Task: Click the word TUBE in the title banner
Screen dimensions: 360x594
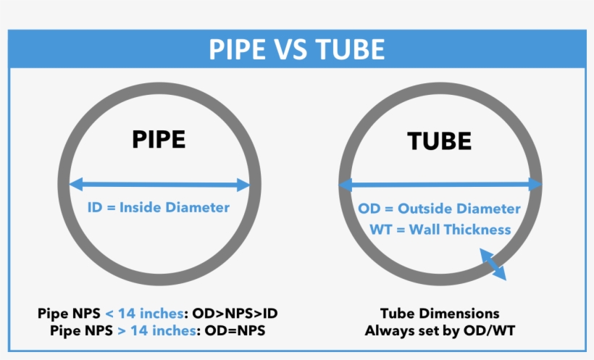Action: pyautogui.click(x=350, y=49)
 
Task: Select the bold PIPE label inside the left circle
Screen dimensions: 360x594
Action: pyautogui.click(x=159, y=139)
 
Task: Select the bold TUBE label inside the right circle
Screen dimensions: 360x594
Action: pyautogui.click(x=440, y=141)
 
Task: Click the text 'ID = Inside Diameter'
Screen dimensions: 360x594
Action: pyautogui.click(x=159, y=207)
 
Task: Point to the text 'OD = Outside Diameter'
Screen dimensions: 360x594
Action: pyautogui.click(x=440, y=209)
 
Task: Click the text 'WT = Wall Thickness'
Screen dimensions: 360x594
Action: pyautogui.click(x=440, y=230)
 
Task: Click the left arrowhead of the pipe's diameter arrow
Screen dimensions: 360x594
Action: pyautogui.click(x=74, y=185)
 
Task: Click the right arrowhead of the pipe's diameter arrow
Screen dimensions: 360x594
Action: pyautogui.click(x=244, y=185)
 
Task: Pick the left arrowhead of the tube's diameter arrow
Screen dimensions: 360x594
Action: pyautogui.click(x=345, y=185)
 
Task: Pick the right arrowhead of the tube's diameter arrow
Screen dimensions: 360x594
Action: pyautogui.click(x=536, y=185)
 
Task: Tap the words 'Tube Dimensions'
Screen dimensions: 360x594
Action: pyautogui.click(x=440, y=314)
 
